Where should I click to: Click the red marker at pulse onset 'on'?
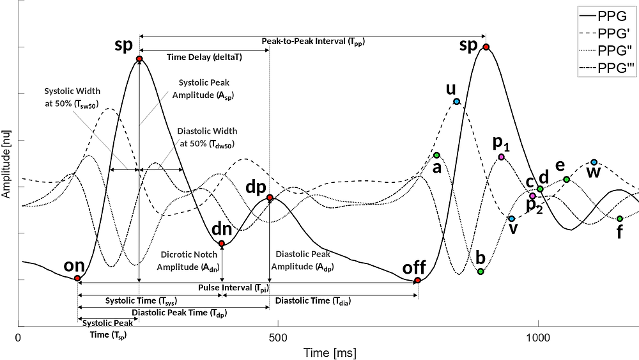pyautogui.click(x=77, y=278)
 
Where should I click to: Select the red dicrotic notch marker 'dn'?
pyautogui.click(x=222, y=244)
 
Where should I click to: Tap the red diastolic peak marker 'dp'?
pyautogui.click(x=270, y=198)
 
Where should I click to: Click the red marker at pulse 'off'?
pyautogui.click(x=417, y=280)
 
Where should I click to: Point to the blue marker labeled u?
pyautogui.click(x=457, y=102)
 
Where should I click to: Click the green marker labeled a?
pyautogui.click(x=437, y=155)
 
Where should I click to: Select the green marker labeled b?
pyautogui.click(x=481, y=272)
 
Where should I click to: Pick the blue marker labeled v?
pyautogui.click(x=512, y=219)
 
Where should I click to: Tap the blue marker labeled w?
pyautogui.click(x=594, y=162)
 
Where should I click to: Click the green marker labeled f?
pyautogui.click(x=620, y=219)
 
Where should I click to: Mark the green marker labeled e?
pyautogui.click(x=566, y=179)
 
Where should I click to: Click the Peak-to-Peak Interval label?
pyautogui.click(x=313, y=41)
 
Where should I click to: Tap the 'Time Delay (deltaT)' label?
pyautogui.click(x=204, y=56)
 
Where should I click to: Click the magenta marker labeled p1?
pyautogui.click(x=502, y=157)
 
